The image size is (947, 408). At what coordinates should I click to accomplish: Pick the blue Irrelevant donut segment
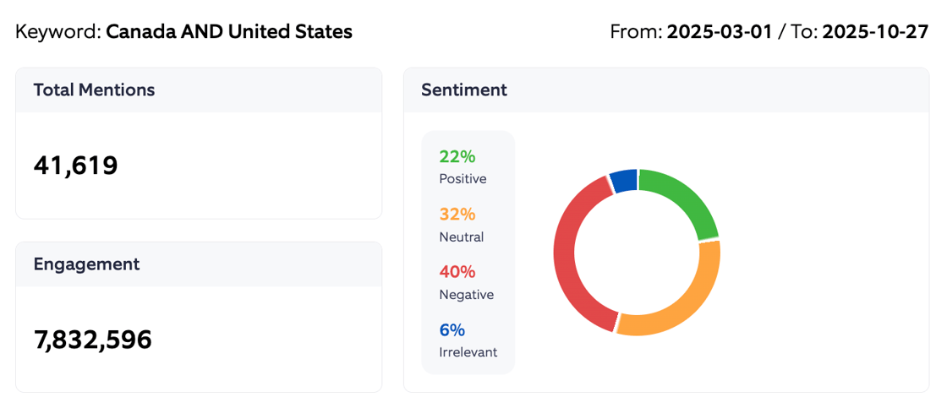click(x=624, y=180)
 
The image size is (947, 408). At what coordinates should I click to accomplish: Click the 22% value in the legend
click(x=457, y=156)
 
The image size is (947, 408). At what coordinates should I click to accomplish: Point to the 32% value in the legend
click(x=457, y=215)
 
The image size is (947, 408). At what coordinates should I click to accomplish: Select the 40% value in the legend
click(x=457, y=272)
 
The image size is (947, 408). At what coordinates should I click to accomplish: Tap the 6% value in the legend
click(x=452, y=330)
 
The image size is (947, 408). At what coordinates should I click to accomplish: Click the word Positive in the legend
click(x=463, y=179)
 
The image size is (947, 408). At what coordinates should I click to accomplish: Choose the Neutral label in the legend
click(x=461, y=237)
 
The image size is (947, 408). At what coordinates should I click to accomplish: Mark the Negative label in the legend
click(x=466, y=295)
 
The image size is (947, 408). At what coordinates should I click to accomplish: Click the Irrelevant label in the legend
click(x=468, y=352)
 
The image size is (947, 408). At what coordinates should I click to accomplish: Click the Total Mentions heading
click(x=94, y=90)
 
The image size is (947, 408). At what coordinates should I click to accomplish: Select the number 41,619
click(x=75, y=166)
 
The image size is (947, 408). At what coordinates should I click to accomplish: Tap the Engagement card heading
click(x=86, y=264)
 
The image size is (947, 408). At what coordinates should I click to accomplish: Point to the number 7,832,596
click(x=92, y=340)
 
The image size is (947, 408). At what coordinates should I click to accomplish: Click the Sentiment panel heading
click(x=463, y=90)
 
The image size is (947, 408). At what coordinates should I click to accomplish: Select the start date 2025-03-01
click(x=719, y=32)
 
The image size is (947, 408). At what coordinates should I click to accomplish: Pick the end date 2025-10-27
click(x=875, y=32)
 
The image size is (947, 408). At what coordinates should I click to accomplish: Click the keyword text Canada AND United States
click(x=228, y=32)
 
